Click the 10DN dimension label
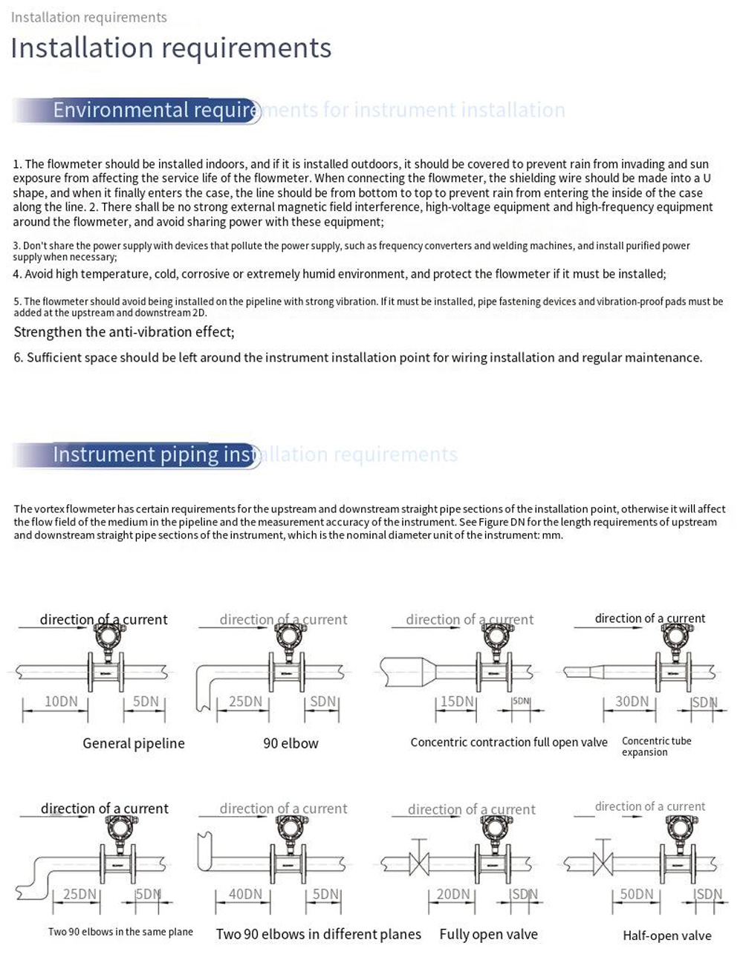tap(61, 701)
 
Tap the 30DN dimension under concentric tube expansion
tap(632, 701)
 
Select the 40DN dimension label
tap(245, 894)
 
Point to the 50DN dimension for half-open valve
tap(637, 894)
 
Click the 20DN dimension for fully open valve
tap(453, 894)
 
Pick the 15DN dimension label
tap(457, 701)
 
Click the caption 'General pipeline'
tap(134, 743)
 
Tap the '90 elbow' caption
tap(291, 743)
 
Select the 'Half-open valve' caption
tap(667, 936)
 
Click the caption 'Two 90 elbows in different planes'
tap(318, 934)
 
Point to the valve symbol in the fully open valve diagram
tap(420, 864)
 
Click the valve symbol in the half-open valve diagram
tap(603, 864)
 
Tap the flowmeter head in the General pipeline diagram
tap(107, 636)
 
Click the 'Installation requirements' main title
tap(171, 48)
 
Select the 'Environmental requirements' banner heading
tap(156, 111)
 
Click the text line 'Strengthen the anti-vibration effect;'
tap(124, 332)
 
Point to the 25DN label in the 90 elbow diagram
tap(245, 701)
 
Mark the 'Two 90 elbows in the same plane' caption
tap(120, 932)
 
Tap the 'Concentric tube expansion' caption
tap(656, 746)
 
